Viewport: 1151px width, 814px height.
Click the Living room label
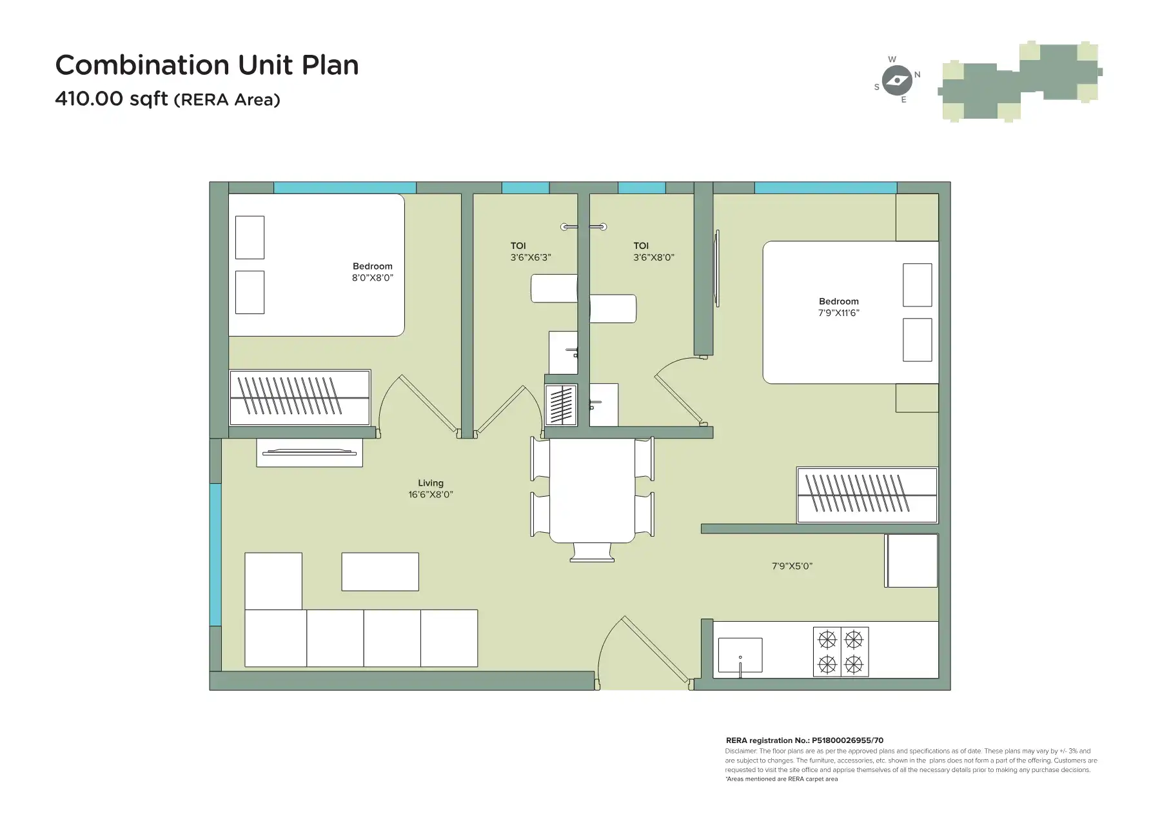coord(430,488)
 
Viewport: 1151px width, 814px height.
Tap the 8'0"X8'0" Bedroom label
coord(372,272)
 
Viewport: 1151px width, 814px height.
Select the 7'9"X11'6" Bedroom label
coord(838,307)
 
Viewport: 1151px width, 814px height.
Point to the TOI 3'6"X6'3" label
coord(530,251)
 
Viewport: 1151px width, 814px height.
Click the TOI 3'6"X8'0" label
coord(653,251)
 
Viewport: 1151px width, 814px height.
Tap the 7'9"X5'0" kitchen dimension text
coord(792,566)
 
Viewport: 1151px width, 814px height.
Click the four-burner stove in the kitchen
coord(840,651)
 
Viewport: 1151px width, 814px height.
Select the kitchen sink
coord(740,655)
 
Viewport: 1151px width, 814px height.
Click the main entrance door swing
coord(638,651)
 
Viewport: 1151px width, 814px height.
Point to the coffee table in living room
coord(380,571)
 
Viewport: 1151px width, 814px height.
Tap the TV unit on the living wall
coord(310,452)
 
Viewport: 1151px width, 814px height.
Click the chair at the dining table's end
coord(592,552)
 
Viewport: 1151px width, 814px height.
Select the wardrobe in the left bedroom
coord(300,397)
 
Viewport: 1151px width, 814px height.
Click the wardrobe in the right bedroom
coord(867,495)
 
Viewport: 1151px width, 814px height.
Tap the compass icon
coord(896,81)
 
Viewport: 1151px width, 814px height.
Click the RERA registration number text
coord(804,740)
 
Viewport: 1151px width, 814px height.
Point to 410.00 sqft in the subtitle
coord(111,99)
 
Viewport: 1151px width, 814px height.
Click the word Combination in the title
coord(142,65)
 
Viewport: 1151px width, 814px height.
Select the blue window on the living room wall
coord(215,555)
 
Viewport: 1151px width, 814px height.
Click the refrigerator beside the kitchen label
coord(911,561)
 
